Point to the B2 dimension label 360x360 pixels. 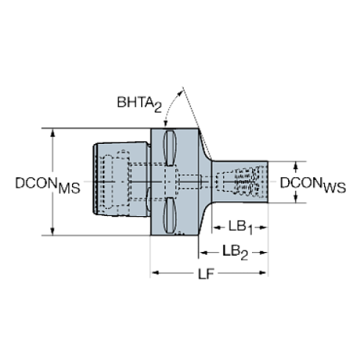pos(237,251)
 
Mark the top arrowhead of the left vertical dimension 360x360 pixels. pos(53,134)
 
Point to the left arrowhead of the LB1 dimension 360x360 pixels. pos(215,227)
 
